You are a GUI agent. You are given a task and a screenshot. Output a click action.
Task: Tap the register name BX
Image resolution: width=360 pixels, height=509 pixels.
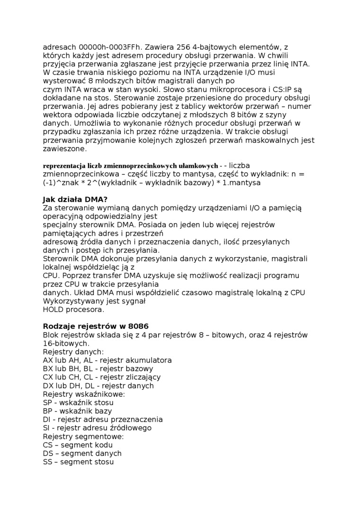click(48, 369)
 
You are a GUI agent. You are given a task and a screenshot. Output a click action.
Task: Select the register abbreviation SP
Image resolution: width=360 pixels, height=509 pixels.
click(47, 402)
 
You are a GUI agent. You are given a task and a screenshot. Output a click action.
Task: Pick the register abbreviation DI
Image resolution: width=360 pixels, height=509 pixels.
click(46, 420)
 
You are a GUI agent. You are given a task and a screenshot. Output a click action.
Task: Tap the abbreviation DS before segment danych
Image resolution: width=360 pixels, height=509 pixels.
click(48, 454)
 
